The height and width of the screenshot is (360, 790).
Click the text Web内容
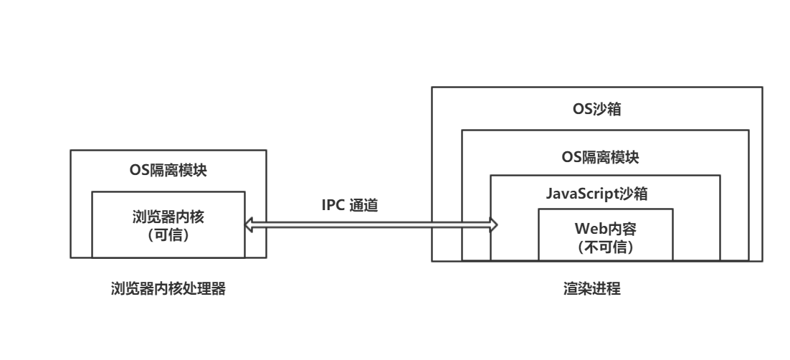(x=605, y=230)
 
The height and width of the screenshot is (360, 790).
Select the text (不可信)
(x=605, y=246)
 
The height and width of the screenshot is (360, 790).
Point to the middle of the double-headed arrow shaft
(x=371, y=225)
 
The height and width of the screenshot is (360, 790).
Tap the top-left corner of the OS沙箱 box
(x=432, y=87)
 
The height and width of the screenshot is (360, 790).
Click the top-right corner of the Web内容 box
(x=672, y=209)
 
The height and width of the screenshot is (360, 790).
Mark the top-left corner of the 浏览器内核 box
(x=92, y=191)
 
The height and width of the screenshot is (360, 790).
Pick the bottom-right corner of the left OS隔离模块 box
(x=266, y=257)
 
